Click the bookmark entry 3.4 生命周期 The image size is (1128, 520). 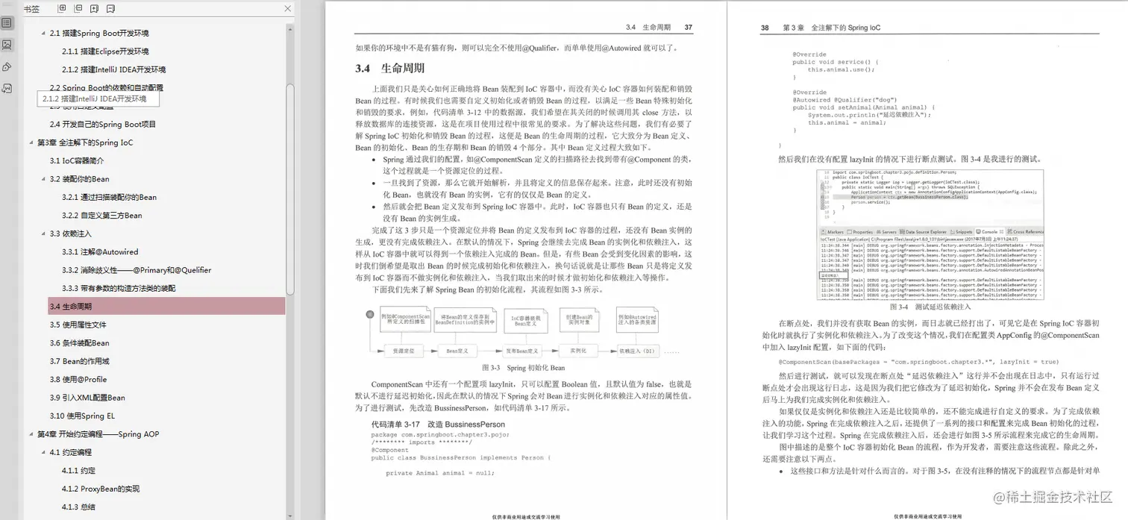pyautogui.click(x=71, y=306)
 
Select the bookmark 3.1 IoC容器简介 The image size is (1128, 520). pyautogui.click(x=77, y=160)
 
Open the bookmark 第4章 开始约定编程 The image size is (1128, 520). pyautogui.click(x=98, y=434)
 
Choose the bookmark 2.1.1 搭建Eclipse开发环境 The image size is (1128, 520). pyautogui.click(x=105, y=51)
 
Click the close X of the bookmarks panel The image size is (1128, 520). pyautogui.click(x=288, y=9)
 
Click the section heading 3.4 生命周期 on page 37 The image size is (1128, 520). pyautogui.click(x=390, y=69)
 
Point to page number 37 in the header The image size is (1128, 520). pyautogui.click(x=689, y=28)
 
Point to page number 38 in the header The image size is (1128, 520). pyautogui.click(x=765, y=28)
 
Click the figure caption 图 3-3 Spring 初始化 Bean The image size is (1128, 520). pyautogui.click(x=523, y=368)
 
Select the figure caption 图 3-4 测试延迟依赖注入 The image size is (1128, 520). pyautogui.click(x=930, y=307)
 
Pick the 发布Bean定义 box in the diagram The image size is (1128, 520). pyautogui.click(x=521, y=350)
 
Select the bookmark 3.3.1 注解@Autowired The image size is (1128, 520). pyautogui.click(x=100, y=252)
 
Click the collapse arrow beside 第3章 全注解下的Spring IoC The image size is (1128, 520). pyautogui.click(x=31, y=142)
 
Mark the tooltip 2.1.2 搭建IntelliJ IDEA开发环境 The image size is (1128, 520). pyautogui.click(x=94, y=98)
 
